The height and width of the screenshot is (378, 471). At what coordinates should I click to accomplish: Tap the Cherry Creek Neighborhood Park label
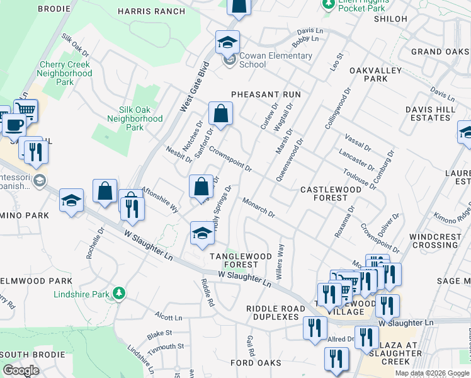pos(65,73)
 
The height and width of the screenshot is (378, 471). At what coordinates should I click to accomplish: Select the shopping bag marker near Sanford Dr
pos(221,114)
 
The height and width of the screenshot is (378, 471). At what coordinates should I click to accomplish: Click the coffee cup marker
pos(14,124)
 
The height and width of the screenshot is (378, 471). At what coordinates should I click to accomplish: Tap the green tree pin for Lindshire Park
pos(118,293)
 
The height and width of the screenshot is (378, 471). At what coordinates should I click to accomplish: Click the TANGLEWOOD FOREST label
pos(241,260)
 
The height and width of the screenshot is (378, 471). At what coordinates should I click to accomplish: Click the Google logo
pos(21,370)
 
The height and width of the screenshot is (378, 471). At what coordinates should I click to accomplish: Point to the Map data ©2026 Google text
pos(432,373)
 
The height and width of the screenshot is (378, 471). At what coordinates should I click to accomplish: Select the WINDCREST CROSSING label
pos(434,241)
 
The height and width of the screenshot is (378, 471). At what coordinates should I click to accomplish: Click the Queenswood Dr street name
pos(290,159)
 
